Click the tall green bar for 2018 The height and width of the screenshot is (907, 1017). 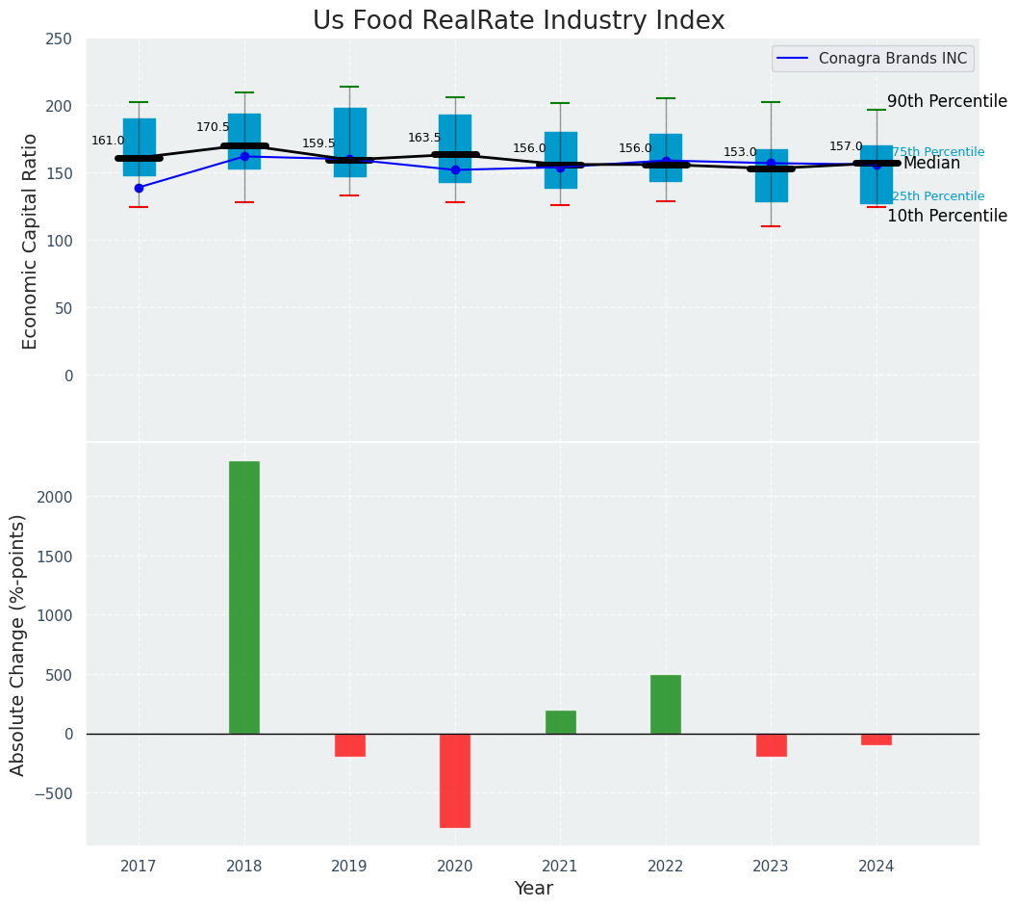244,597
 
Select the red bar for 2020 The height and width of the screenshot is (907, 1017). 455,781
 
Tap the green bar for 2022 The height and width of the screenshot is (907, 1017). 666,704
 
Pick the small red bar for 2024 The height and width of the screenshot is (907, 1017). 877,739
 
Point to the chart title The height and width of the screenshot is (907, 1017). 519,21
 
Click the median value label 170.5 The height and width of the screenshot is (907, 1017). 213,127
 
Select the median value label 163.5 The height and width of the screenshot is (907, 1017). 424,138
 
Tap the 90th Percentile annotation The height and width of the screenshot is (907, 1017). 947,101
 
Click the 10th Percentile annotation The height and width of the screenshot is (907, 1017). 947,216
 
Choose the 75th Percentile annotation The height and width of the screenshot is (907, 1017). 938,152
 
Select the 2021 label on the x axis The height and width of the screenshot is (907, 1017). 560,867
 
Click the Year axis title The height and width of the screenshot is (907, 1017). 533,889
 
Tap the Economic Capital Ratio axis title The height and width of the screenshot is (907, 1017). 30,241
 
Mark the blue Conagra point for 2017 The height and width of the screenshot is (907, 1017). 139,188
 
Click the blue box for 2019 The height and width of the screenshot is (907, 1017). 349,125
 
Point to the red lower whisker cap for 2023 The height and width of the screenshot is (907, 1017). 771,226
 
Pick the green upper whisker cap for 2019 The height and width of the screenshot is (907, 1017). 349,87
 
